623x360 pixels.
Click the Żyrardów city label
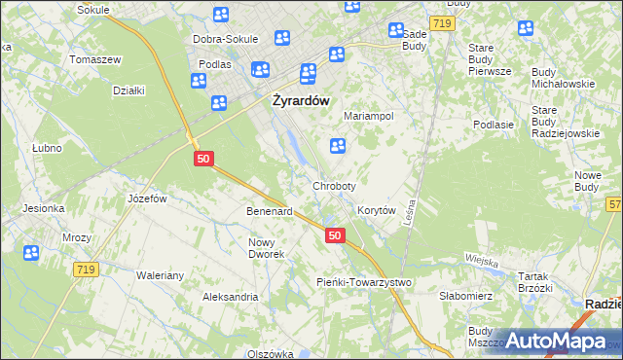[x=302, y=99]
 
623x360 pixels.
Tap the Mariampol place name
[x=368, y=116]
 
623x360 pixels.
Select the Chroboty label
[x=334, y=185]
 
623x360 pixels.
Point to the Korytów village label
[x=376, y=210]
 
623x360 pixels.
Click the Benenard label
[x=270, y=211]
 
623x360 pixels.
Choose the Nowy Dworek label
[x=266, y=248]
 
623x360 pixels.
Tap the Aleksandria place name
[x=230, y=296]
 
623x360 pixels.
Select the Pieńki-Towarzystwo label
[x=364, y=282]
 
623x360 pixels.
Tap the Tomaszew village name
[x=94, y=59]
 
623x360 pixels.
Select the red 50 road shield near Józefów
[x=202, y=158]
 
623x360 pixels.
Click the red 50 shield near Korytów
[x=335, y=235]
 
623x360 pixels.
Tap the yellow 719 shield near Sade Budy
[x=443, y=22]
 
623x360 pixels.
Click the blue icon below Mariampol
[x=338, y=146]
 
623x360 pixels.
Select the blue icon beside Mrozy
[x=31, y=253]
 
